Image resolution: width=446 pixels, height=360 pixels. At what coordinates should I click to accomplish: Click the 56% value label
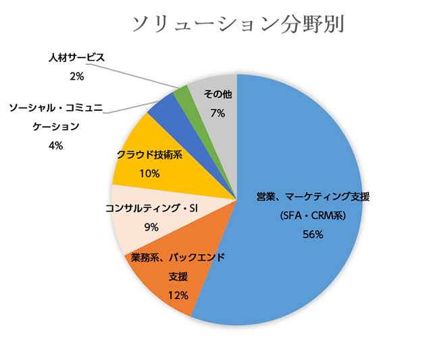pyautogui.click(x=314, y=235)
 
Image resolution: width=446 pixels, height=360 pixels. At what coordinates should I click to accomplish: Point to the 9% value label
pyautogui.click(x=151, y=228)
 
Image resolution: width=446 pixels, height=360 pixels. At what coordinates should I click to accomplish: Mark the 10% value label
pyautogui.click(x=149, y=174)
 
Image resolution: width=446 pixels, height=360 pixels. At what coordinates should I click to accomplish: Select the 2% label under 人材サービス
pyautogui.click(x=76, y=76)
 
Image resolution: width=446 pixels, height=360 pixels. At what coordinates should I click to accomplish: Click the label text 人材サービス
pyautogui.click(x=77, y=57)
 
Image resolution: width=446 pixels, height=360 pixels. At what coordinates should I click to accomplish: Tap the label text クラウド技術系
pyautogui.click(x=149, y=155)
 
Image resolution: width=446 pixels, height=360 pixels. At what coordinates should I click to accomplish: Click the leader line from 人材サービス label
pyautogui.click(x=135, y=75)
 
